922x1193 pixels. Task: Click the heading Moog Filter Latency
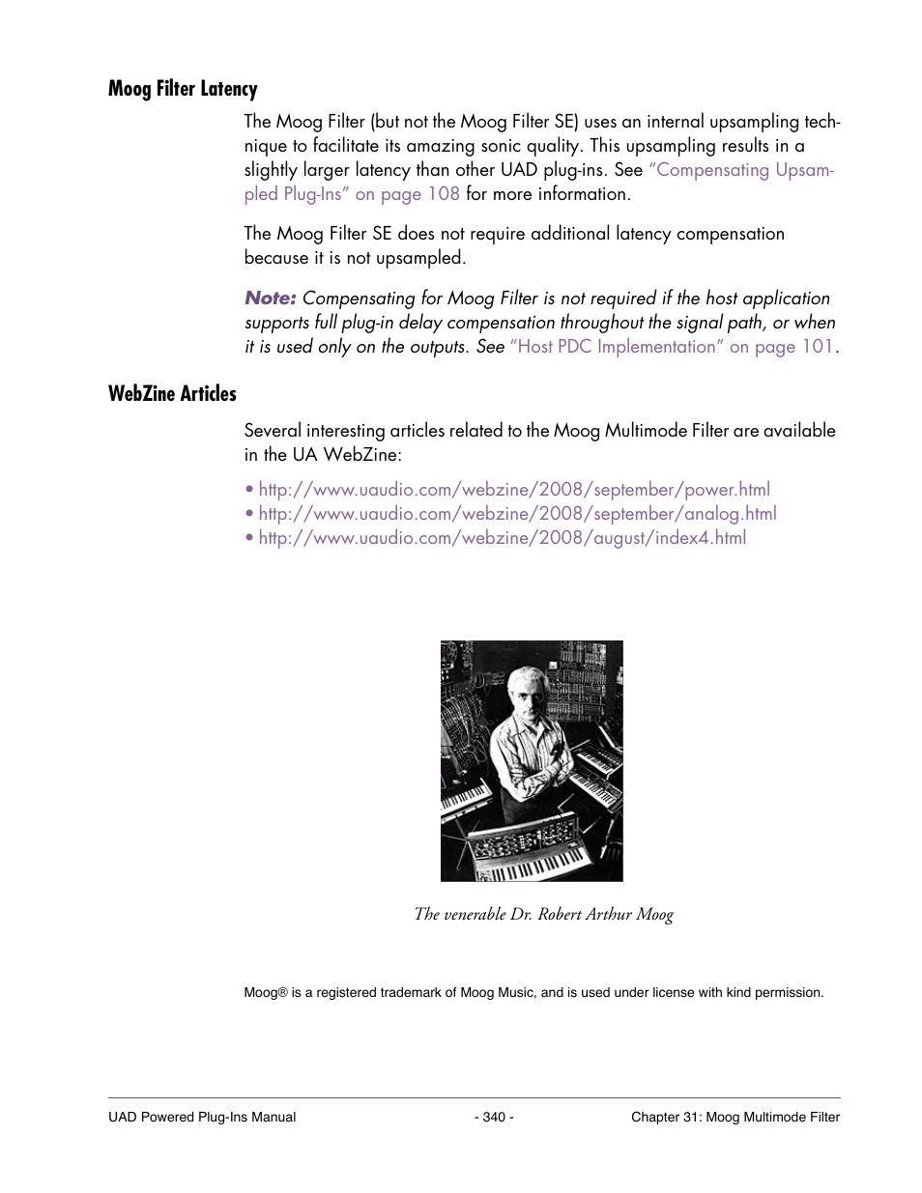pyautogui.click(x=183, y=89)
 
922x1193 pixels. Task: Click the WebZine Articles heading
pyautogui.click(x=172, y=393)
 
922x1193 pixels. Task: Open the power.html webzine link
pyautogui.click(x=514, y=490)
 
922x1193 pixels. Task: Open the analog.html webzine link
pyautogui.click(x=517, y=514)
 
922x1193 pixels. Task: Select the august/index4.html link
pyautogui.click(x=503, y=538)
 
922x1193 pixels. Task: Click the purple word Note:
pyautogui.click(x=270, y=298)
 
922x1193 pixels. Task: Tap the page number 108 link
pyautogui.click(x=444, y=194)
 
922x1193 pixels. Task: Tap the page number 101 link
pyautogui.click(x=817, y=347)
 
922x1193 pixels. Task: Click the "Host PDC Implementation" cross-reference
pyautogui.click(x=617, y=347)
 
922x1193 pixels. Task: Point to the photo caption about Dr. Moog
pyautogui.click(x=543, y=914)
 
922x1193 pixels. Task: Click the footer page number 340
pyautogui.click(x=494, y=1117)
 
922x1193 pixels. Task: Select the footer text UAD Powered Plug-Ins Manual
pyautogui.click(x=202, y=1117)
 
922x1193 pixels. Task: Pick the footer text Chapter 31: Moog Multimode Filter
pyautogui.click(x=735, y=1117)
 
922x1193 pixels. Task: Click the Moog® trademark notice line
pyautogui.click(x=533, y=992)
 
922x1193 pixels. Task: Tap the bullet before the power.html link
pyautogui.click(x=249, y=491)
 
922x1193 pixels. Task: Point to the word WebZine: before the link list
pyautogui.click(x=361, y=455)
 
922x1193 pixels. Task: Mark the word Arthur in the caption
pyautogui.click(x=608, y=914)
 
